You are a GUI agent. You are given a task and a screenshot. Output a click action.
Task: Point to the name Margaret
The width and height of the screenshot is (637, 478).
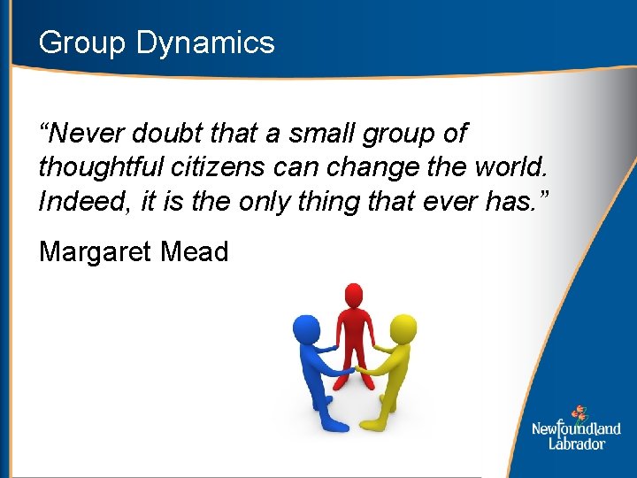96,252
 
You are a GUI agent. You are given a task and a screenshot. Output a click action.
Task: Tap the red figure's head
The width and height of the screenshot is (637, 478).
354,293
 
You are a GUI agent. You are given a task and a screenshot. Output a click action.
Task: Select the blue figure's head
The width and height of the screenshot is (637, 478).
305,326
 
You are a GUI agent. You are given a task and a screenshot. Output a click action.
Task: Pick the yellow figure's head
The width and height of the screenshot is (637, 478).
403,327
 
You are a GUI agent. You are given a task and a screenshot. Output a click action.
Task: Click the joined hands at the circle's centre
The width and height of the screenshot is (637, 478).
351,370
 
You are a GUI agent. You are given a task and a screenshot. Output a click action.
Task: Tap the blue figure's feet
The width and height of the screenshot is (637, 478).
331,422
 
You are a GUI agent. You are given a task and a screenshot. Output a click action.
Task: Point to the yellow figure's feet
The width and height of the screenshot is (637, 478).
375,422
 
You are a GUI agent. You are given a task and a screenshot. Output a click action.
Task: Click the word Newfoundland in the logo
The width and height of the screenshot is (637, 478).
576,429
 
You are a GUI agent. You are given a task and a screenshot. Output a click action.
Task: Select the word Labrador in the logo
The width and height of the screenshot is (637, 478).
576,443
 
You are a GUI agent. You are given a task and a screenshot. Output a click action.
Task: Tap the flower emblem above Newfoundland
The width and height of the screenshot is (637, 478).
579,412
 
